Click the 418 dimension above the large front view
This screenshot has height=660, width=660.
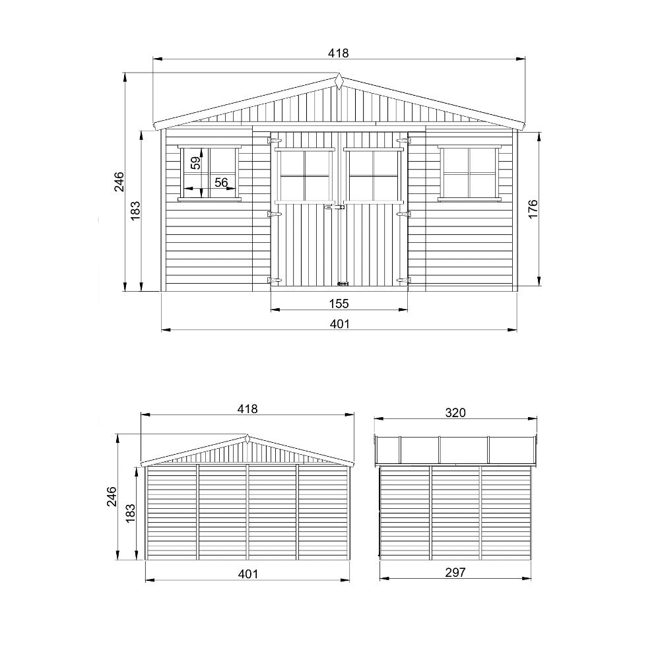tap(339, 53)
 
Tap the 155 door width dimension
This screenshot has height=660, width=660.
tap(339, 303)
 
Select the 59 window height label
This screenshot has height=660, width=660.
tap(196, 163)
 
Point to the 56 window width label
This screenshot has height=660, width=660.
tap(221, 182)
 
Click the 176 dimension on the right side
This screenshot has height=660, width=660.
tap(533, 209)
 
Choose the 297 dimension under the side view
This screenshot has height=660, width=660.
tap(455, 572)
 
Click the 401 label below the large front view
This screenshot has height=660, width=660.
tap(340, 323)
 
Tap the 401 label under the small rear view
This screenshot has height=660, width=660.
tap(248, 574)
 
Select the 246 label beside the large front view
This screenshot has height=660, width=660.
tap(119, 182)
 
